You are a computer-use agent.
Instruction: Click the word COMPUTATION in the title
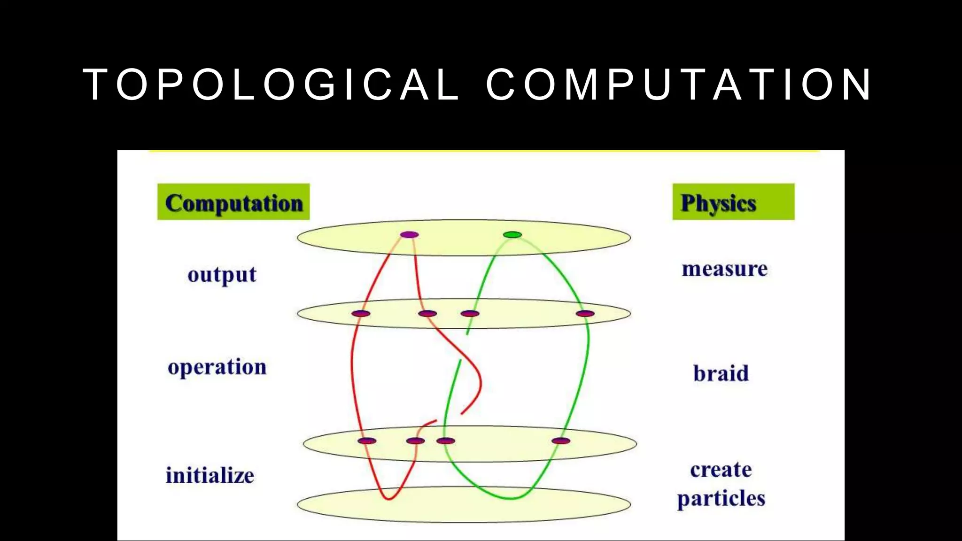[x=679, y=85]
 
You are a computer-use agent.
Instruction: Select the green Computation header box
[x=233, y=202]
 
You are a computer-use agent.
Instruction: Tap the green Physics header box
[x=733, y=202]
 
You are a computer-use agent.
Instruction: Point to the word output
[x=222, y=275]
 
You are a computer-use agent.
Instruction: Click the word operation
[x=217, y=367]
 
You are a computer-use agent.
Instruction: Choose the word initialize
[x=210, y=475]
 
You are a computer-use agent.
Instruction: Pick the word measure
[x=725, y=269]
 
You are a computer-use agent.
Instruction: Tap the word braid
[x=721, y=373]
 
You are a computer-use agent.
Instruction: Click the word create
[x=721, y=470]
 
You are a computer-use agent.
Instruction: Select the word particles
[x=721, y=499]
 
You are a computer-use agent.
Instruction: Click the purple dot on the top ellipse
[x=409, y=235]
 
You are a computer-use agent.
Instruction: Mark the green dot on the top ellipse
[x=512, y=235]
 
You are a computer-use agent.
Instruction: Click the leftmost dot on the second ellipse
[x=361, y=313]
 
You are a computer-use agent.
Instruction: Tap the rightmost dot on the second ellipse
[x=585, y=313]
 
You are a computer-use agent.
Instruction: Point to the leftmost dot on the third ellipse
[x=367, y=441]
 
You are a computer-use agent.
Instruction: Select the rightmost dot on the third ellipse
[x=561, y=441]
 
